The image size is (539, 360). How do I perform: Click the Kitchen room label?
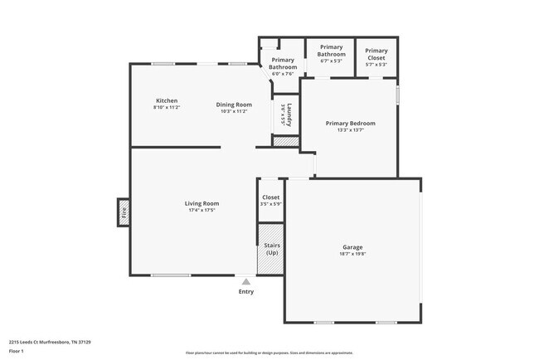166,100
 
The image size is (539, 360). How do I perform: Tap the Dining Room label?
234,105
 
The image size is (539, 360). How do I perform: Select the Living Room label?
202,203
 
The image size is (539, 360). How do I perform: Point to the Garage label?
352,247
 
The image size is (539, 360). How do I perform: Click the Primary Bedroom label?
350,124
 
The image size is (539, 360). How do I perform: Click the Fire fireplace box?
124,212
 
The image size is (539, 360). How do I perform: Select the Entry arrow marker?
245,282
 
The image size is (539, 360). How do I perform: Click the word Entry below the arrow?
246,292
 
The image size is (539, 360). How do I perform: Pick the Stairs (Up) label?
271,249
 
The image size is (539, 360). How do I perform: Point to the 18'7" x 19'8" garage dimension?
352,255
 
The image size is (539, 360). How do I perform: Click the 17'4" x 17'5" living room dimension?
202,211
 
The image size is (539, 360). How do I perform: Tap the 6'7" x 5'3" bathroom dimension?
330,61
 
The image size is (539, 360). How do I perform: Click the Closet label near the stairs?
271,197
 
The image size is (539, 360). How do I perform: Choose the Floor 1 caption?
17,350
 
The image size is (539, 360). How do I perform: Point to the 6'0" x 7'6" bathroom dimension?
284,74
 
